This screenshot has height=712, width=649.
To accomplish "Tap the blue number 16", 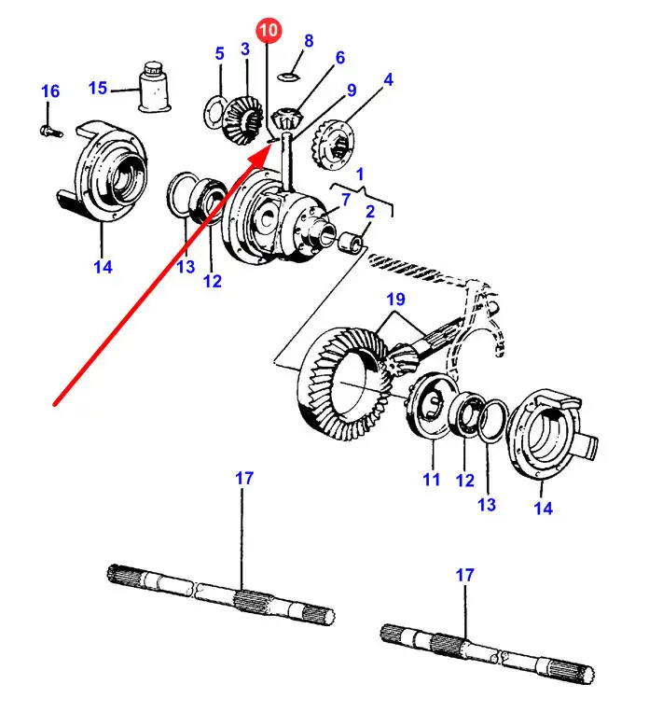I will click(50, 91).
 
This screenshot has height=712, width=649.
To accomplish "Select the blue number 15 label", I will click(99, 89).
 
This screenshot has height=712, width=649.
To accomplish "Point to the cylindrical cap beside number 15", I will click(153, 88).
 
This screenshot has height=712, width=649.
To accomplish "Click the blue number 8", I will click(309, 41).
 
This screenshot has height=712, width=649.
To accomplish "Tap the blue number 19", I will click(394, 300).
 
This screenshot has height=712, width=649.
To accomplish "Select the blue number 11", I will click(430, 480).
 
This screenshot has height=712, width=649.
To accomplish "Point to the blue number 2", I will click(369, 212).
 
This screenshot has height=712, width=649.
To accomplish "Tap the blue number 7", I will click(345, 199).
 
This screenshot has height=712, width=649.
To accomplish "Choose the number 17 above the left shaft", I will click(243, 479).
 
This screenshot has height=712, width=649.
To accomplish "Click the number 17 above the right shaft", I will click(464, 576).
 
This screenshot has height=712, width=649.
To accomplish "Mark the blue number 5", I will click(220, 53).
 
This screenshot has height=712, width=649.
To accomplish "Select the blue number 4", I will click(388, 80).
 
